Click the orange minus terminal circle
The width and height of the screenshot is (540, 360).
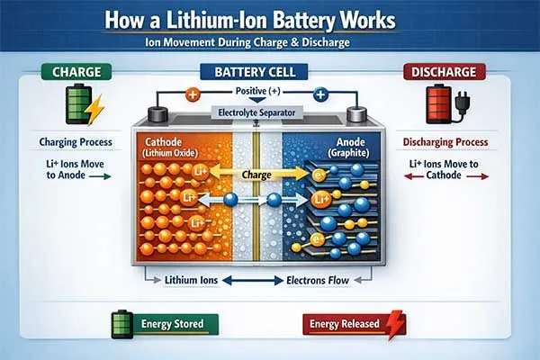tap(192, 93)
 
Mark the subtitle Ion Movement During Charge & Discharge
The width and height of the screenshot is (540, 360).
tap(269, 43)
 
